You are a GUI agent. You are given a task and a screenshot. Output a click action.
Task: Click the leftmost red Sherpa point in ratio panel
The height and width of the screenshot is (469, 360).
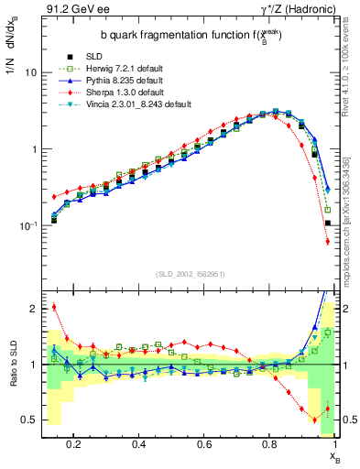pyautogui.click(x=54, y=307)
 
